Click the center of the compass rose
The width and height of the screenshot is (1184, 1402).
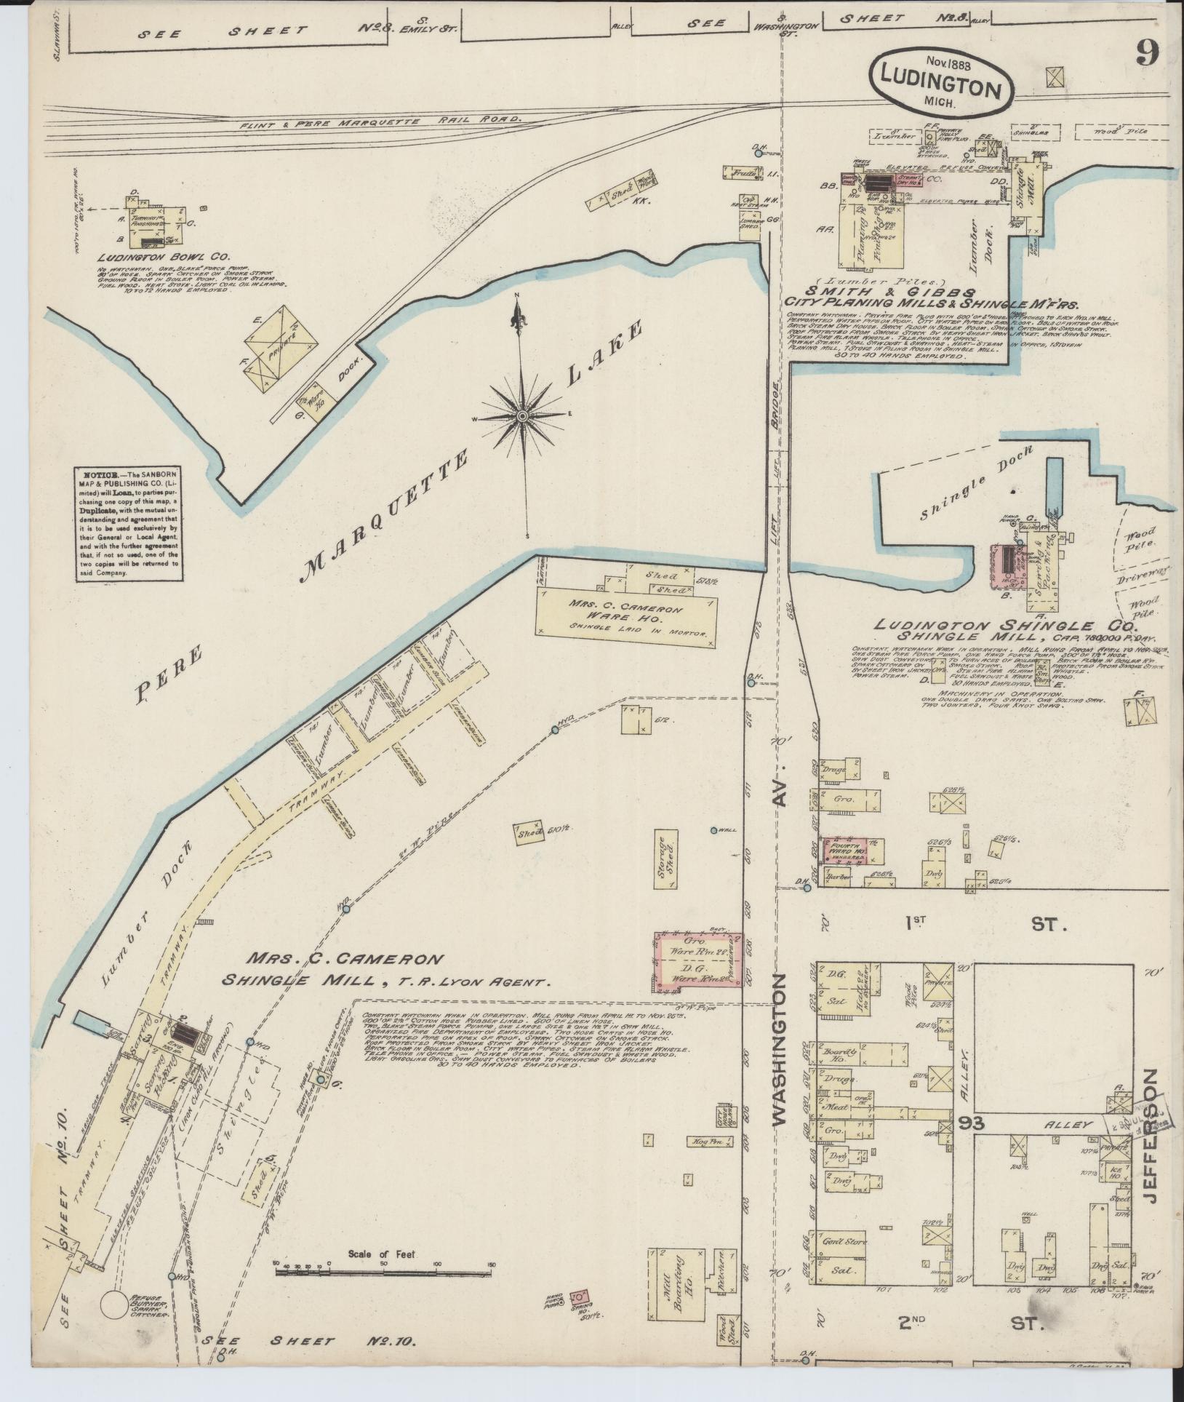522,415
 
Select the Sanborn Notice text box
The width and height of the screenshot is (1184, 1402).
128,524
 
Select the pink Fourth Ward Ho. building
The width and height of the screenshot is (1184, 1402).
844,851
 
